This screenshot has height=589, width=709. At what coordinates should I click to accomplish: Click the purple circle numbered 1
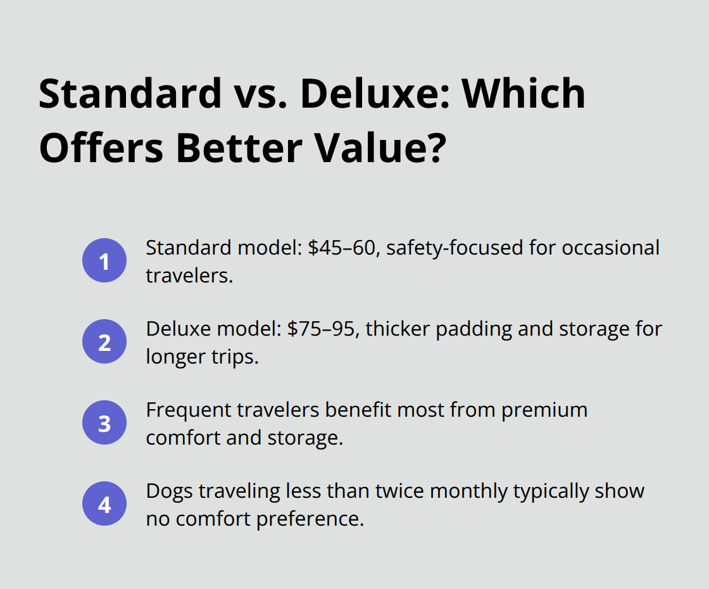[104, 260]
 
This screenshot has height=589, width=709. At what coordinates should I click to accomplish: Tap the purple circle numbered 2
[104, 342]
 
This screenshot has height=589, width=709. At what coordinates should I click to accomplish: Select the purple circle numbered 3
[104, 423]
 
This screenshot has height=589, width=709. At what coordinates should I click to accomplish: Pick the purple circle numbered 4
[104, 505]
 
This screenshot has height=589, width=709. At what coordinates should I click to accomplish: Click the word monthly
[482, 491]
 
